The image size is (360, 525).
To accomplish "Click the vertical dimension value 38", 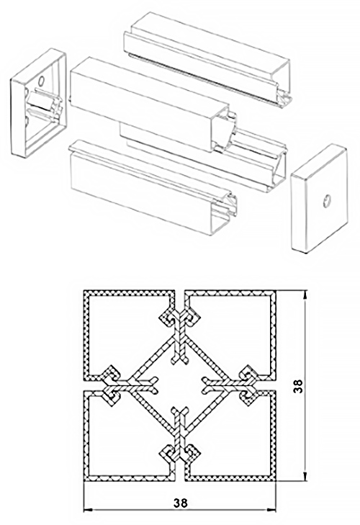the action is [297, 386].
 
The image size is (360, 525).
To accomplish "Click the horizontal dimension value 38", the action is [181, 503].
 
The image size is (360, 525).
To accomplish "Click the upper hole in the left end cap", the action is [42, 81].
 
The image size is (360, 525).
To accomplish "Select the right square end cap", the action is [319, 199].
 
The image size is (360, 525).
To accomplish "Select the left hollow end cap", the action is [38, 103].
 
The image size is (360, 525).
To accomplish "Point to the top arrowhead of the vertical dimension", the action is [305, 295].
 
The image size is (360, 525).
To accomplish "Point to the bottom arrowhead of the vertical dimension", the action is [305, 477].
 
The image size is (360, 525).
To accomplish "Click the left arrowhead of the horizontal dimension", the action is [88, 511].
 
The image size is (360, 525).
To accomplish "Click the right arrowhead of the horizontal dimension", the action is [271, 511].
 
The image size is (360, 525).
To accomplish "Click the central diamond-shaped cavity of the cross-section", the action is [180, 386].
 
